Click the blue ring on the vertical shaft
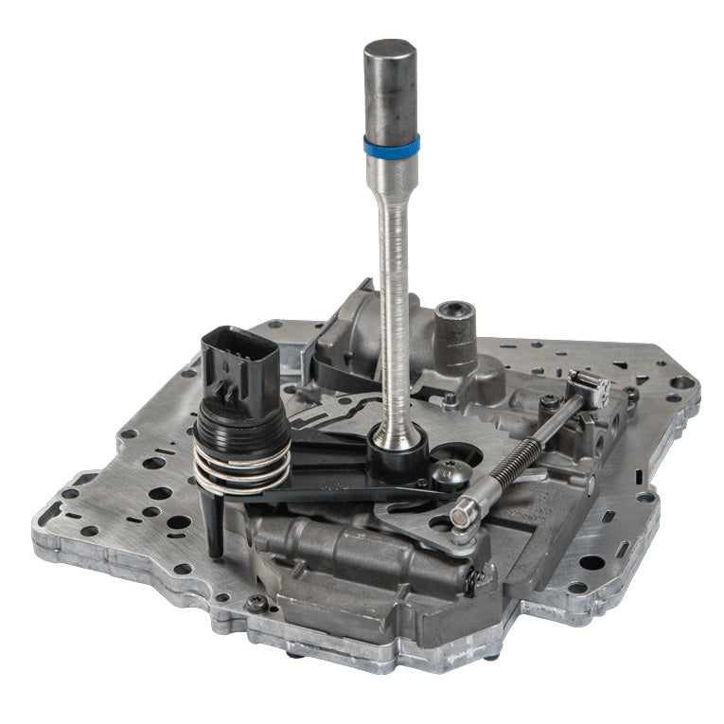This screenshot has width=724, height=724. click(x=391, y=146)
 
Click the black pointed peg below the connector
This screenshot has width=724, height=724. click(x=215, y=526)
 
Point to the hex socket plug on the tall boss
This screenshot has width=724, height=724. click(x=454, y=316)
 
